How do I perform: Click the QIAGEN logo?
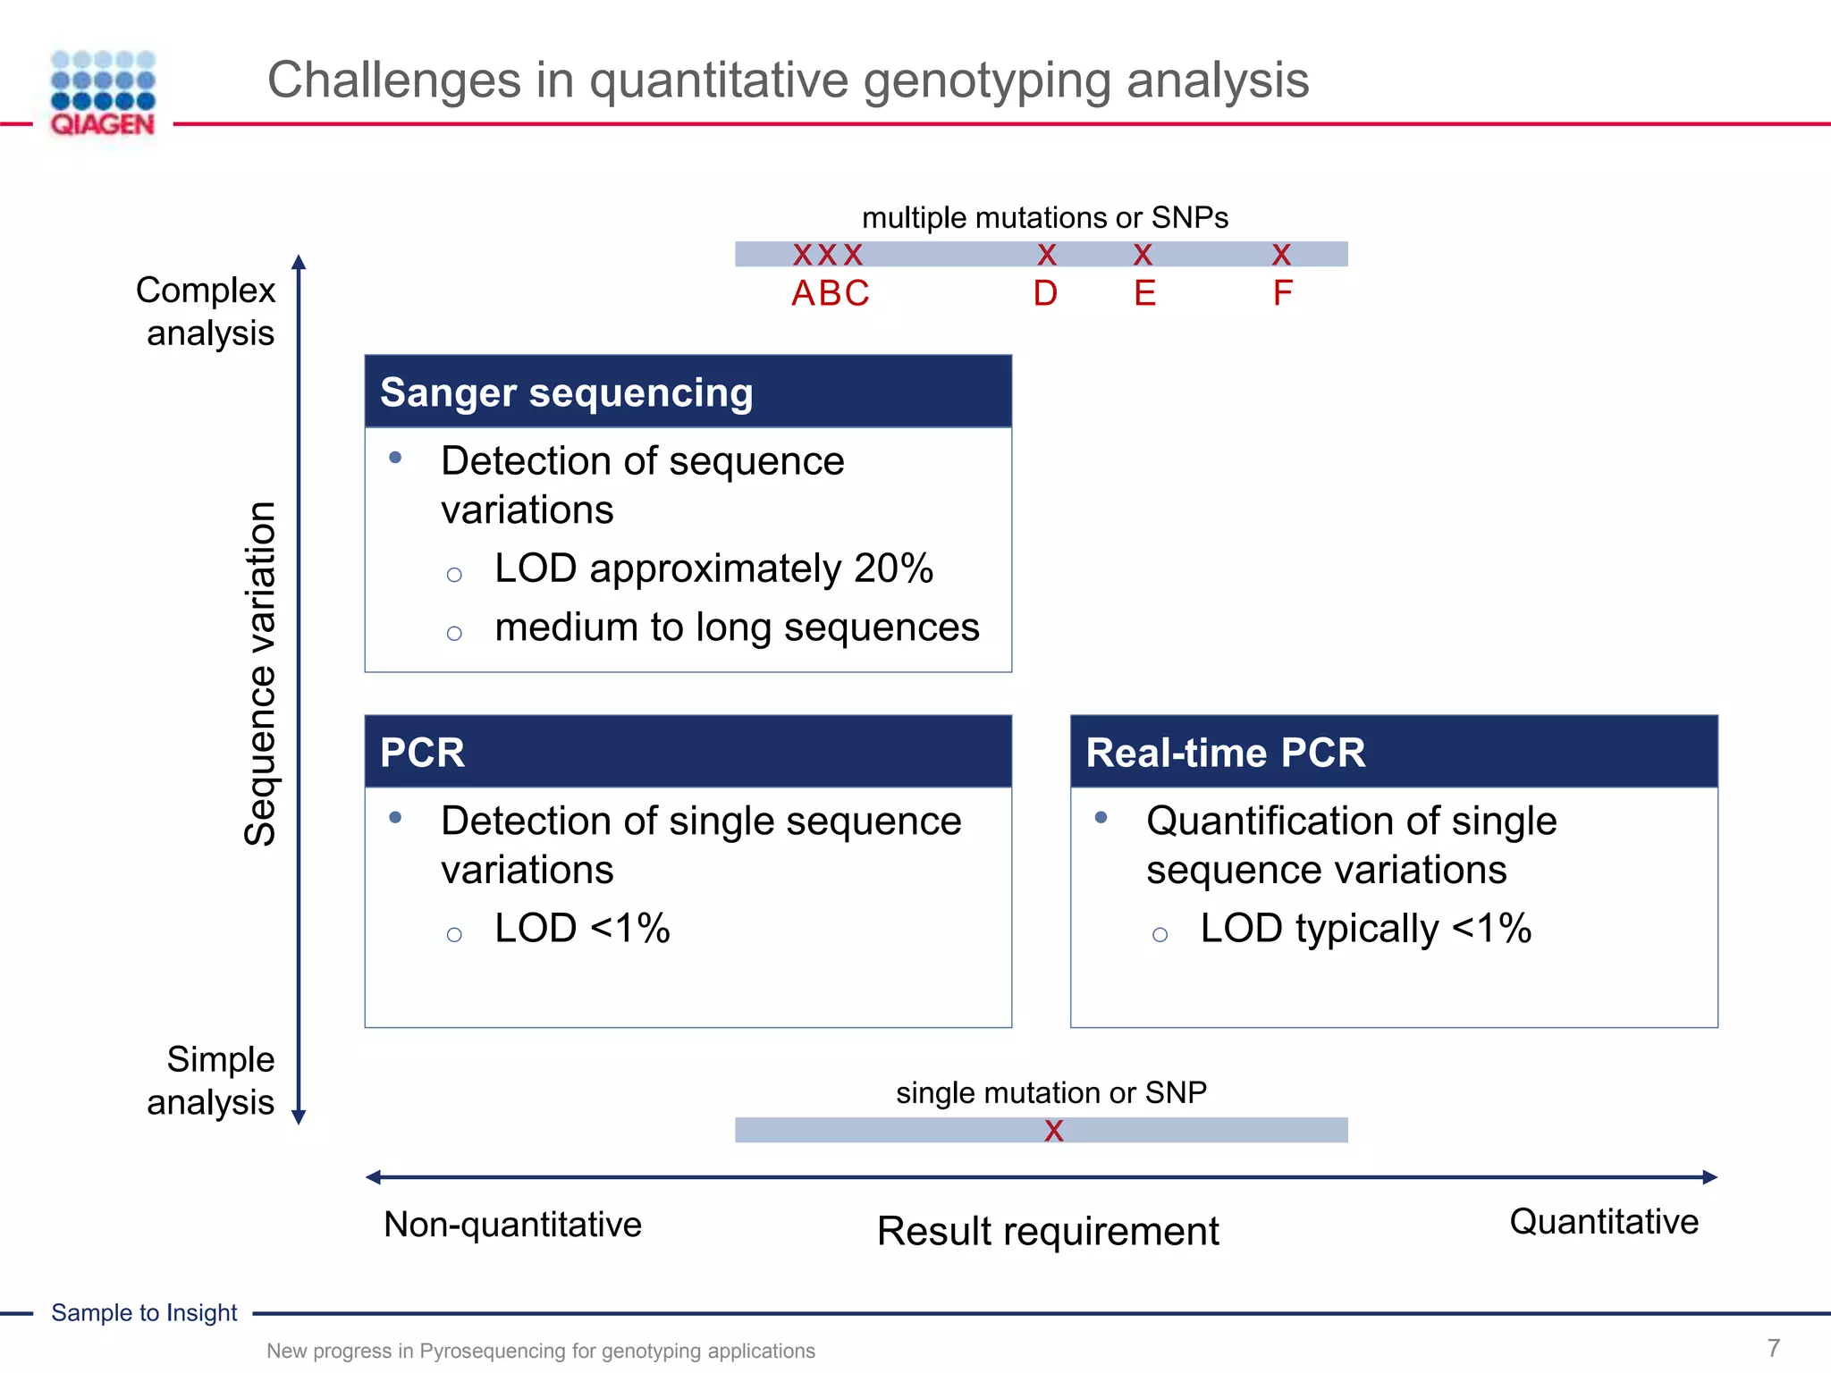(x=103, y=93)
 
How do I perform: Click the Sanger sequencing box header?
(x=688, y=392)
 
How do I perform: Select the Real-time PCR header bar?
(x=1393, y=752)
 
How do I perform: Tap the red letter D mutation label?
(x=1045, y=293)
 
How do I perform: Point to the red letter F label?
(x=1282, y=293)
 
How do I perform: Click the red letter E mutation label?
(x=1144, y=293)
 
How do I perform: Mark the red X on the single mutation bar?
(x=1054, y=1131)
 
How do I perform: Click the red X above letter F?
(x=1281, y=256)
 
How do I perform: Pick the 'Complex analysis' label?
(x=207, y=311)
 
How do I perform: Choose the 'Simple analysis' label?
(x=213, y=1080)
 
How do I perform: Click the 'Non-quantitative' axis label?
(x=512, y=1225)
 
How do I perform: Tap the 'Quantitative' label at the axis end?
(x=1604, y=1222)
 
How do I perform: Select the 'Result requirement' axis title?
(x=1048, y=1231)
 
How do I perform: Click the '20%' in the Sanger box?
(x=893, y=569)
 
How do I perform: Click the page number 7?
(x=1774, y=1347)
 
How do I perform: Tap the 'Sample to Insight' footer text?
(x=144, y=1312)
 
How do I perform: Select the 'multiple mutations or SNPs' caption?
(x=1044, y=217)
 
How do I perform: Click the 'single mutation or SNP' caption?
(x=1051, y=1092)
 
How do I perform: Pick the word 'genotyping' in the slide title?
(x=986, y=80)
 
